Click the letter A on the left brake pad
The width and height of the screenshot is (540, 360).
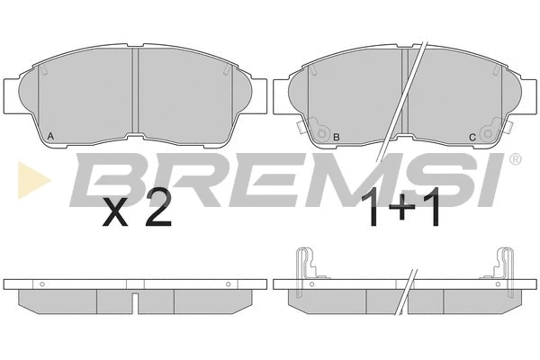[x=50, y=137]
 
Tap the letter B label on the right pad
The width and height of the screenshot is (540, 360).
[x=337, y=137]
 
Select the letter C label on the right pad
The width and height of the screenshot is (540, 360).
[x=472, y=138]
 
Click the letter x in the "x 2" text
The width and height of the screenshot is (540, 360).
[x=115, y=213]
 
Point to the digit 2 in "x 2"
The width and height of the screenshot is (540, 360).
[x=158, y=208]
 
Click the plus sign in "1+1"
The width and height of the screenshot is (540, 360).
[x=401, y=208]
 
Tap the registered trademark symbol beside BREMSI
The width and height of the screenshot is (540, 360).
[x=515, y=158]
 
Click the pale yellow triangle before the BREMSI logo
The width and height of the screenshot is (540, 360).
[x=34, y=180]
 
